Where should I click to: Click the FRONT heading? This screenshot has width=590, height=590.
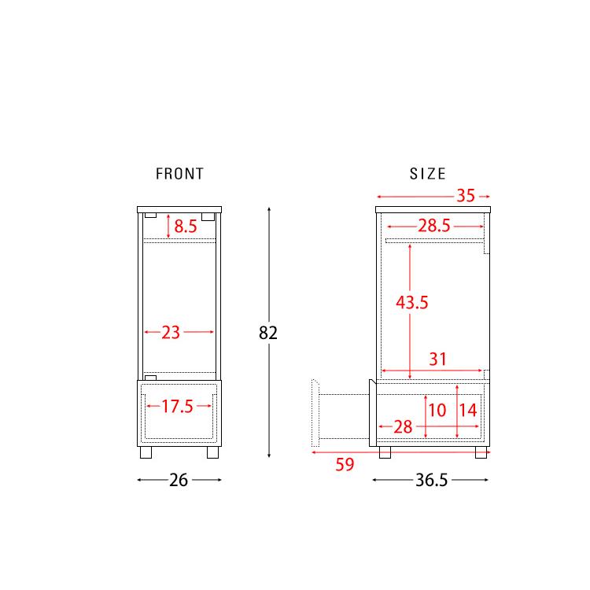(179, 174)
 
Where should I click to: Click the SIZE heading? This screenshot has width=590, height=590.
(427, 174)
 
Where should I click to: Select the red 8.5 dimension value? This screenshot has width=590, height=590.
(186, 226)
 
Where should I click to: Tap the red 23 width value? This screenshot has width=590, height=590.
(171, 333)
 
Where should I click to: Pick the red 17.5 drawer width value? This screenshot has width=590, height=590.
(177, 407)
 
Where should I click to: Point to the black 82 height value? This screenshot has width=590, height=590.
(268, 333)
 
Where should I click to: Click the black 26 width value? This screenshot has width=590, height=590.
(179, 480)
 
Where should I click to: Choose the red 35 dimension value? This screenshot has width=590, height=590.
(466, 196)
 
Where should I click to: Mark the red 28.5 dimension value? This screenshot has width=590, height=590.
(434, 226)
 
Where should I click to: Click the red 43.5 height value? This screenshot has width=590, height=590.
(412, 303)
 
